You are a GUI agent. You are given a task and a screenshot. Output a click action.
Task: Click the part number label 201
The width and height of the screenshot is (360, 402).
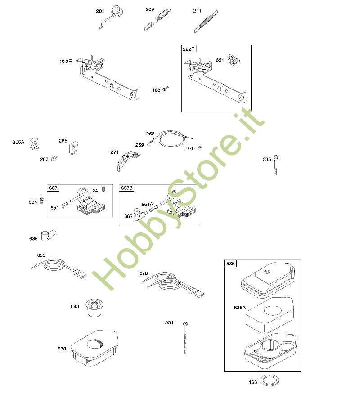coord(100,11)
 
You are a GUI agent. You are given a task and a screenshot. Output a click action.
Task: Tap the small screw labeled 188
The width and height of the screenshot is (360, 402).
coord(166,89)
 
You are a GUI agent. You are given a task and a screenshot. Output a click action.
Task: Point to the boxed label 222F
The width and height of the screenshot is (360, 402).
coord(189,49)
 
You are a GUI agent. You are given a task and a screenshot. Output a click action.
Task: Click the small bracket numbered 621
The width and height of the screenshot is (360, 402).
coord(234,60)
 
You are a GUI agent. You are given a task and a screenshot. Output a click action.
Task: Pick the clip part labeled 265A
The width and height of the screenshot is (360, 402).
coord(34,144)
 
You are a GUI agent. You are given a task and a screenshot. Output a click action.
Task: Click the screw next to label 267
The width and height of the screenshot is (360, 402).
coord(54,158)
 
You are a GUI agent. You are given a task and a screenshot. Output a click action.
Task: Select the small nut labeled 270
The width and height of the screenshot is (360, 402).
coord(200,147)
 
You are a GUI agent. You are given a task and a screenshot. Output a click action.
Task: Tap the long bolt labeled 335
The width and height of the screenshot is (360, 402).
coord(276,165)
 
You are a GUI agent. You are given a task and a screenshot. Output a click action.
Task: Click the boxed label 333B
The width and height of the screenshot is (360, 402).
coord(127,188)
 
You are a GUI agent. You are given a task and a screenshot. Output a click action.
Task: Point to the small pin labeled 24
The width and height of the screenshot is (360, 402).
coord(103,189)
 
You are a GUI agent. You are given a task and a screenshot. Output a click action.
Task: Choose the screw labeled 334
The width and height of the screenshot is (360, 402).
coord(42,200)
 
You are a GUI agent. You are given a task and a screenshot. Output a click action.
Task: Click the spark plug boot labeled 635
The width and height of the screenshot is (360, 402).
coord(49,236)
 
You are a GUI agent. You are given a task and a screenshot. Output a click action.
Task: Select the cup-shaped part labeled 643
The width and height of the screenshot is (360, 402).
coord(94,308)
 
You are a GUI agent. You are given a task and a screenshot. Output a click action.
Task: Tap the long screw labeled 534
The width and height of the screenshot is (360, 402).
coord(185,339)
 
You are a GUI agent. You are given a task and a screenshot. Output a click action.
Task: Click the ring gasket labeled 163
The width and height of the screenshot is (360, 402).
coord(270,381)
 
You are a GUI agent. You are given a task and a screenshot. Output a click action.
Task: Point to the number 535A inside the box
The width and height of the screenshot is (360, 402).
coord(240,308)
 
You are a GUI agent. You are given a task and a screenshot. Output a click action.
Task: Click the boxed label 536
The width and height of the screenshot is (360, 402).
coord(230,264)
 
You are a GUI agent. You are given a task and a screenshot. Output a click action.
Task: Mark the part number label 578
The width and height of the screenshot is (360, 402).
coord(144,273)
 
